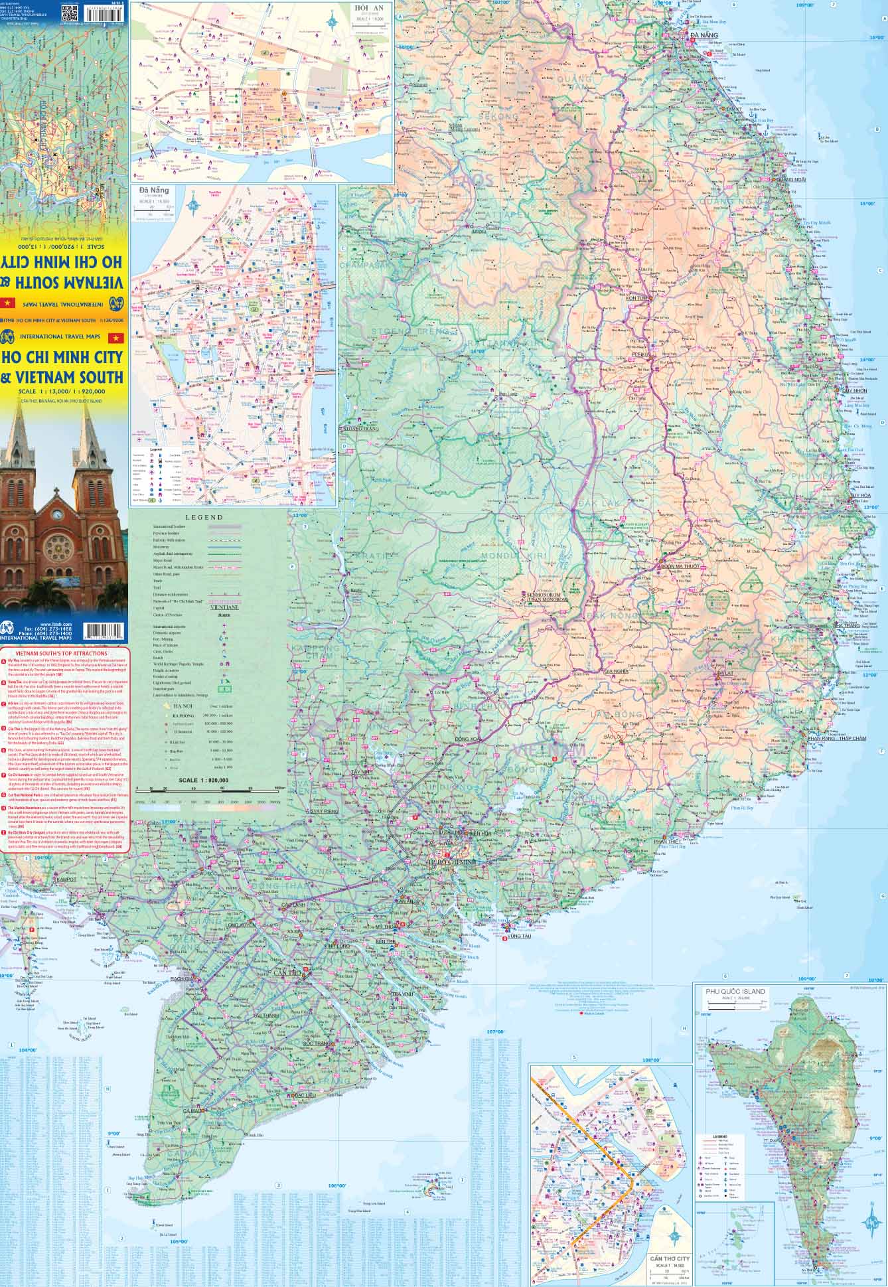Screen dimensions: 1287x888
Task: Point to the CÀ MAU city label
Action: click(194, 1110)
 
